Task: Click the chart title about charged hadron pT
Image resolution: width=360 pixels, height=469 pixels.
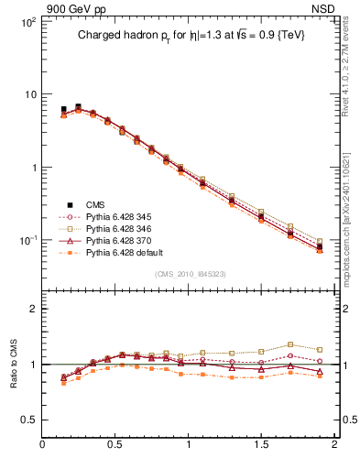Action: tap(191, 35)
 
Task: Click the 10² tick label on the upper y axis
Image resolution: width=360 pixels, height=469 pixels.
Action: tap(27, 21)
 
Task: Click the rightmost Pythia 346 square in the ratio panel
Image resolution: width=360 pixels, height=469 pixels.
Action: tap(320, 349)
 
